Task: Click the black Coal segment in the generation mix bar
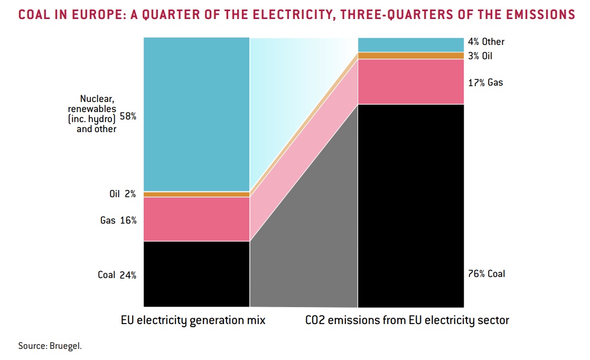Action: [x=196, y=273]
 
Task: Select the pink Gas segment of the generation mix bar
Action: [x=196, y=219]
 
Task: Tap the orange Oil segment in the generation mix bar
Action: [x=196, y=195]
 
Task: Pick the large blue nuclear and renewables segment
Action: [x=196, y=114]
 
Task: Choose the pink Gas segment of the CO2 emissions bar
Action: [x=410, y=81]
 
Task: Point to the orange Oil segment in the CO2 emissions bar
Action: [x=410, y=56]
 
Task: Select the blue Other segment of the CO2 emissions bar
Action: [x=410, y=44]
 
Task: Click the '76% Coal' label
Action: [x=487, y=274]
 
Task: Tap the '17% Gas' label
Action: [x=485, y=82]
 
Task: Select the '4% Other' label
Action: [x=486, y=42]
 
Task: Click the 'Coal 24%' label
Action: [x=117, y=275]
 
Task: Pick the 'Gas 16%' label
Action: [x=118, y=220]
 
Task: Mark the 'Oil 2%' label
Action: [x=123, y=194]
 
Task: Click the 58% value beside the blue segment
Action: [x=128, y=115]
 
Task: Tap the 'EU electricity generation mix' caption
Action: [x=193, y=320]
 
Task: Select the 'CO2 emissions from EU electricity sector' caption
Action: [x=407, y=320]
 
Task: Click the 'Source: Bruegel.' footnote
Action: [x=50, y=346]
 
